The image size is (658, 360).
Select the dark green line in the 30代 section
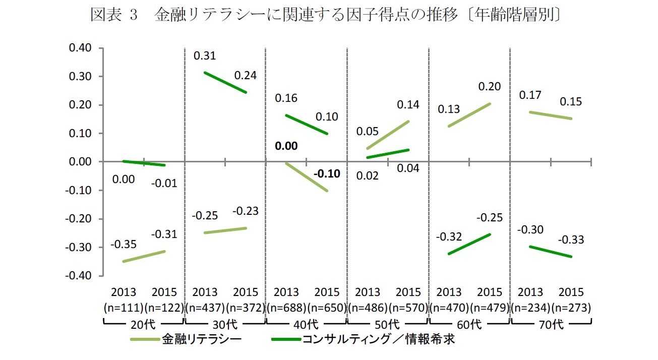tap(225, 83)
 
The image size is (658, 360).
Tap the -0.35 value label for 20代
tap(124, 245)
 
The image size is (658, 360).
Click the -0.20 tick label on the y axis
tap(79, 219)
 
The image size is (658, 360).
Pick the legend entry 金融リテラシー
tap(201, 339)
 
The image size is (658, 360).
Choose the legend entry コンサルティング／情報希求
tap(378, 339)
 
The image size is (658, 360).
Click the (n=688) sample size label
tap(286, 307)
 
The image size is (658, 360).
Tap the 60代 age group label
tap(469, 324)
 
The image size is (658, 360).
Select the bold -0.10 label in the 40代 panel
tap(327, 174)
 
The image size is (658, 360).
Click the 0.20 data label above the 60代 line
tap(490, 87)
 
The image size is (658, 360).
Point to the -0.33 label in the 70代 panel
tap(571, 240)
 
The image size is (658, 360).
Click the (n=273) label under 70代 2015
tap(571, 307)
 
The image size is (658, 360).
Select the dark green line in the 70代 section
tap(551, 252)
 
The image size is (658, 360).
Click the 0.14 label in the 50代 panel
tap(408, 105)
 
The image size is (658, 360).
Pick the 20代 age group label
tap(144, 324)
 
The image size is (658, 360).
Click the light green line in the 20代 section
tap(144, 256)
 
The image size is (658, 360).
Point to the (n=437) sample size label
tap(205, 307)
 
